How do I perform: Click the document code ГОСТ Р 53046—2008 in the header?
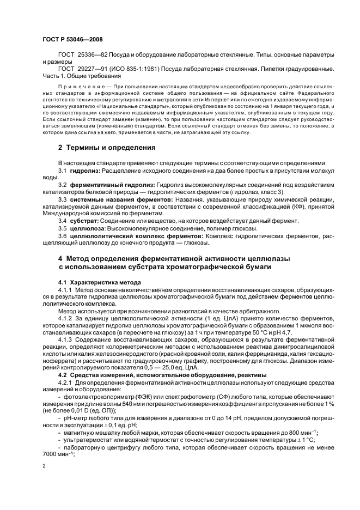coord(71,40)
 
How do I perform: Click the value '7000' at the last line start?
coord(50,454)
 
